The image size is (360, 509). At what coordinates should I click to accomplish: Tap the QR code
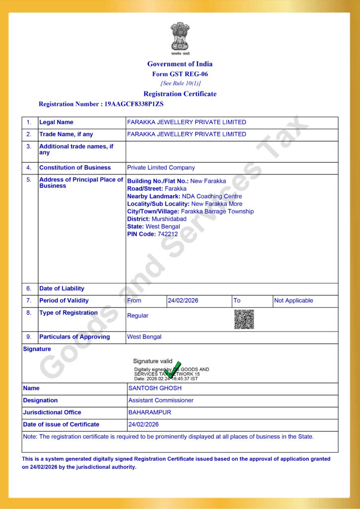point(244,319)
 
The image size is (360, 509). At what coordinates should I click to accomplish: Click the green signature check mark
point(174,370)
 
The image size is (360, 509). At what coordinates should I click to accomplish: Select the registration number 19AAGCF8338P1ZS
point(134,104)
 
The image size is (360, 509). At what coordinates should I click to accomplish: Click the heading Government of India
point(180,64)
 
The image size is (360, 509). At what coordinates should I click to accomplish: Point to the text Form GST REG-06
point(180,74)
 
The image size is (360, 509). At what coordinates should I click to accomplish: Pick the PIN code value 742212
point(168,234)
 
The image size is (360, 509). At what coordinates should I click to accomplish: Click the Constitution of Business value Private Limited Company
point(161,168)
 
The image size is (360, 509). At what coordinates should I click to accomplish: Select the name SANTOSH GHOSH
point(155,388)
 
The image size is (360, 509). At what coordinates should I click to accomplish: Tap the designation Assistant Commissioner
point(161,400)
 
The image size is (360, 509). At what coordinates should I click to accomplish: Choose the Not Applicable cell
point(294,301)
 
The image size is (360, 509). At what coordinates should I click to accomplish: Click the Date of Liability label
point(62,289)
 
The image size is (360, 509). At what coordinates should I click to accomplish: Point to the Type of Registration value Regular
point(138,316)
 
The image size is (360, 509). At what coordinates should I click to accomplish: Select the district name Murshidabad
point(169,219)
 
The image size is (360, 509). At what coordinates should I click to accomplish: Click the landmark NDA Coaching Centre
point(212,196)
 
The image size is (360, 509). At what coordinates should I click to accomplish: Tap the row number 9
point(29,337)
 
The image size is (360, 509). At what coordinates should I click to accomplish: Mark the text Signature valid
point(153,361)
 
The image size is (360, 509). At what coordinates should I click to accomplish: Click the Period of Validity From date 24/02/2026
point(184,301)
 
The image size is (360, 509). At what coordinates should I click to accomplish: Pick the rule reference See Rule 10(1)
point(180,84)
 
